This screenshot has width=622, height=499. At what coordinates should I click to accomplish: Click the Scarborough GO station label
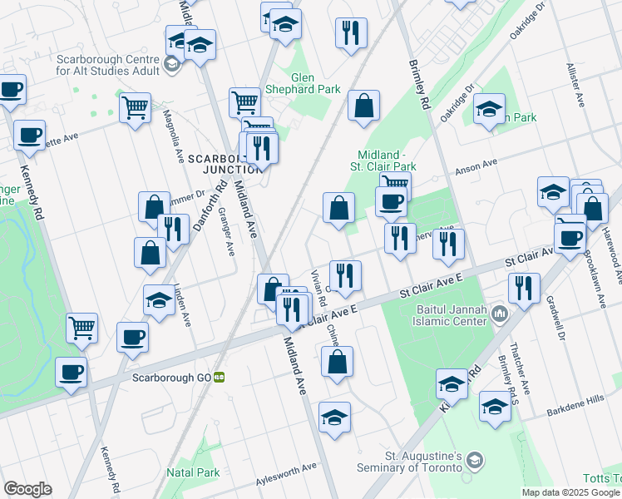point(172,377)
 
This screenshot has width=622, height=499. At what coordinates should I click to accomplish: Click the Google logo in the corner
point(27,488)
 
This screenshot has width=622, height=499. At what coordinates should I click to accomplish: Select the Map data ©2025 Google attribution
point(570,492)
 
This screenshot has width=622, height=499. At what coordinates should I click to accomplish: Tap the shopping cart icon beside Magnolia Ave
point(135,108)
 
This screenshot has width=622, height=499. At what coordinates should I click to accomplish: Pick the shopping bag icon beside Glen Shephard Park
point(363,106)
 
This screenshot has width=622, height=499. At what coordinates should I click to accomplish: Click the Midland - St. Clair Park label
point(386,161)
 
